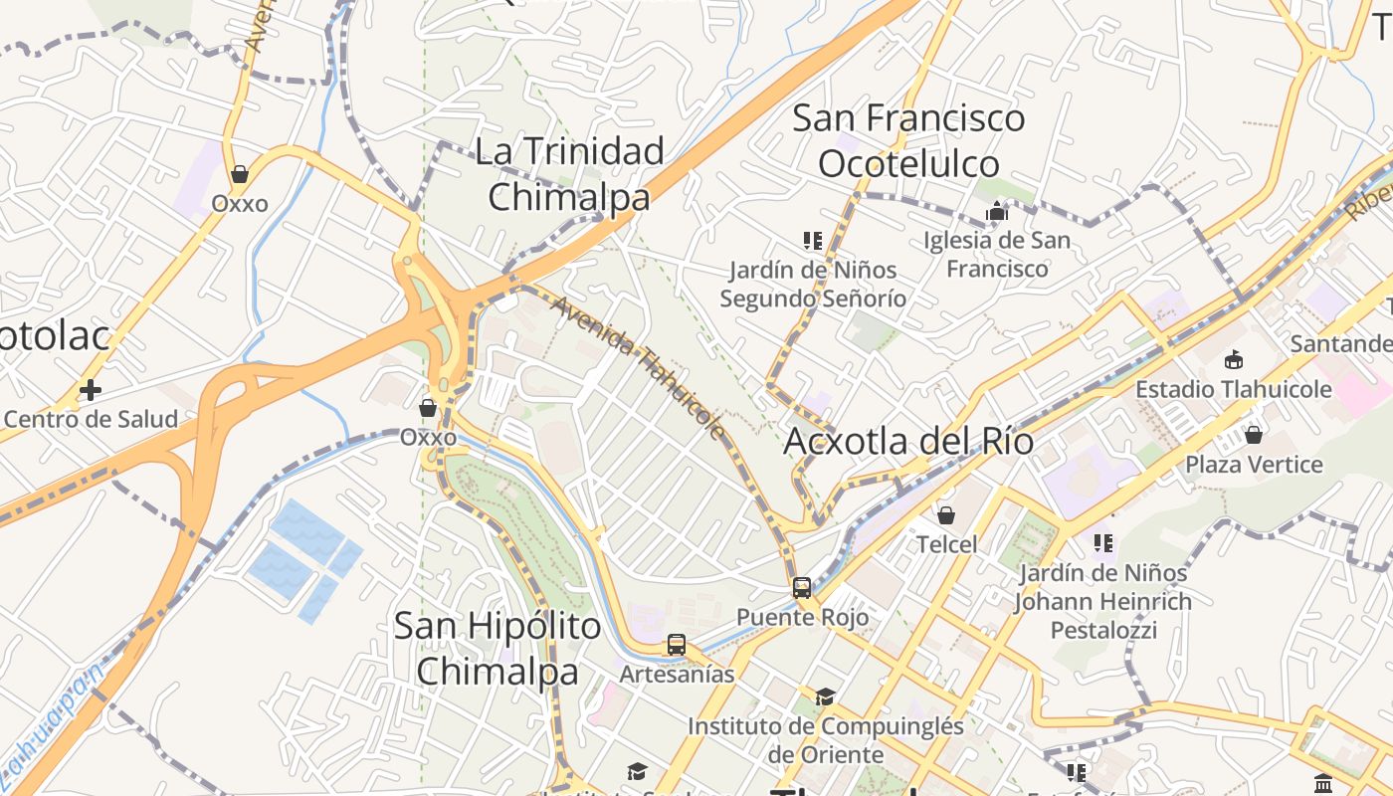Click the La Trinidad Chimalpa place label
click(x=569, y=174)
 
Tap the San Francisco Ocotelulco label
click(x=908, y=140)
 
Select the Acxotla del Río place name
click(x=908, y=441)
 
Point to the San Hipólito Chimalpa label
click(x=497, y=649)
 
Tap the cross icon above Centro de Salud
click(x=91, y=390)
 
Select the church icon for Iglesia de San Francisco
click(x=997, y=211)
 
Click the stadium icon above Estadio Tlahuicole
click(x=1234, y=359)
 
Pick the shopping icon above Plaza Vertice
click(x=1254, y=435)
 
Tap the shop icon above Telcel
click(x=946, y=515)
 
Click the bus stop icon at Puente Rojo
click(x=802, y=588)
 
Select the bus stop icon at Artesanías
click(x=677, y=645)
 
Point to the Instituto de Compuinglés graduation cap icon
click(x=825, y=696)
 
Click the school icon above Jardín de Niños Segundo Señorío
click(x=813, y=241)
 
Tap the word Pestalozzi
click(x=1104, y=631)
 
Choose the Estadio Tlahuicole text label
click(x=1234, y=389)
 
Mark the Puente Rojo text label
click(x=802, y=617)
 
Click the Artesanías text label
click(x=677, y=674)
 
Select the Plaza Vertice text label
click(x=1254, y=465)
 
